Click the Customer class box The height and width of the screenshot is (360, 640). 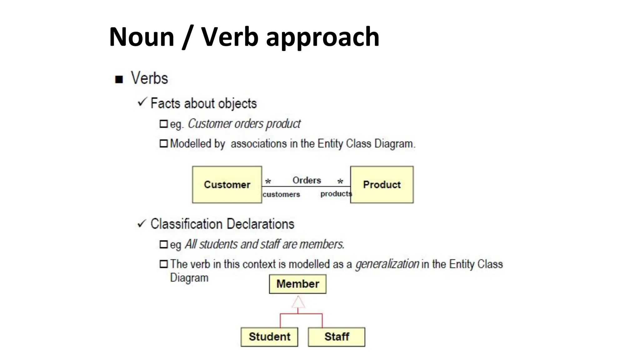click(x=227, y=185)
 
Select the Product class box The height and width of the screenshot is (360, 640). click(x=382, y=185)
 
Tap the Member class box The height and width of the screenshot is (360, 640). click(x=297, y=284)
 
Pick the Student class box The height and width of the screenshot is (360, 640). click(x=269, y=337)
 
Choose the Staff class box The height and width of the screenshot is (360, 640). click(x=336, y=337)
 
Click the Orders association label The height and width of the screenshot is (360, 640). click(x=307, y=180)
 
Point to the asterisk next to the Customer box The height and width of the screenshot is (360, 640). click(x=268, y=182)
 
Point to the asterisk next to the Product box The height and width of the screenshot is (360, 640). click(x=340, y=182)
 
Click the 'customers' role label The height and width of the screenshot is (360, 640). click(x=281, y=194)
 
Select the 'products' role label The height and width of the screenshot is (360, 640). click(x=336, y=194)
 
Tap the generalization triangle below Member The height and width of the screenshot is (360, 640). click(x=298, y=302)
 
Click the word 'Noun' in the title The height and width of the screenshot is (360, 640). click(x=142, y=37)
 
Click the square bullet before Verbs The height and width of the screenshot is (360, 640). click(x=119, y=79)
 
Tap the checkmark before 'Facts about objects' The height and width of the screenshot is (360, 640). click(x=142, y=102)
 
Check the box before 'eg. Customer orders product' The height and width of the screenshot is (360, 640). click(x=163, y=124)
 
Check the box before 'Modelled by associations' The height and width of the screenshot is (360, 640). click(x=163, y=143)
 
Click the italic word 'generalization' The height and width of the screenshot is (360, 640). click(x=387, y=264)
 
